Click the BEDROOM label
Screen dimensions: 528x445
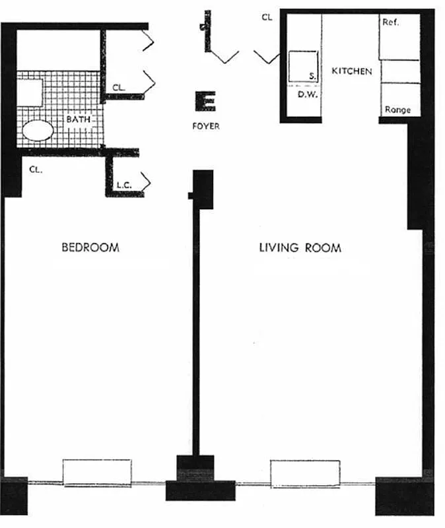[x=90, y=248]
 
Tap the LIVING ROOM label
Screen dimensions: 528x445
[x=299, y=248]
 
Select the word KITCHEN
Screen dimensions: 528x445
[x=352, y=71]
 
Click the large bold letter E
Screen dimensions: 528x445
[x=205, y=102]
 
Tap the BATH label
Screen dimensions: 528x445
[x=78, y=121]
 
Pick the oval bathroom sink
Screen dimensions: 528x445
[x=38, y=130]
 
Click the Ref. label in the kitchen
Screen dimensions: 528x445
[x=391, y=23]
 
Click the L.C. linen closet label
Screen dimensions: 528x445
[x=125, y=186]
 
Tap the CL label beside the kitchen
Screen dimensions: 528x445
[x=267, y=18]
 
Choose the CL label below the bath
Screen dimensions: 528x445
[x=36, y=170]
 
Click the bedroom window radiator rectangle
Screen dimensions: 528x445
[x=97, y=473]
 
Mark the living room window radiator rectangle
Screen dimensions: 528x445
[x=305, y=473]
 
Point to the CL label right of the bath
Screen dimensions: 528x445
[x=119, y=87]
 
